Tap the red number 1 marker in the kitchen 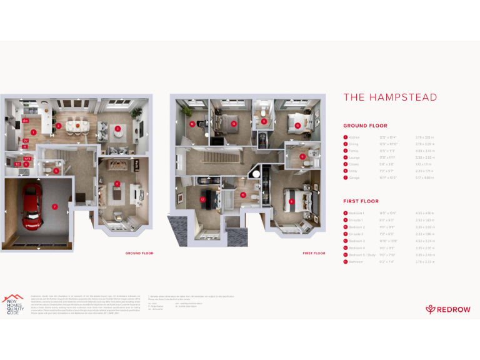coord(32,132)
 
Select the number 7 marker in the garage coord(54,206)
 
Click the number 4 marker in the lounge coord(117,184)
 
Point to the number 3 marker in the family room coord(117,129)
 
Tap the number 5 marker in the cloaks coord(56,170)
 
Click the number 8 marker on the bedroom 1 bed coord(291,201)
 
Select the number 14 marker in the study coord(192,123)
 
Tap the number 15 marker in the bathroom coord(242,194)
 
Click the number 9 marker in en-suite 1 coord(302,157)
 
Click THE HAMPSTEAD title coord(390,97)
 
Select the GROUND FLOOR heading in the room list coord(365,126)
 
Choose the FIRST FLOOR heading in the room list coord(361,201)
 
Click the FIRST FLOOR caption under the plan coord(314,253)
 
